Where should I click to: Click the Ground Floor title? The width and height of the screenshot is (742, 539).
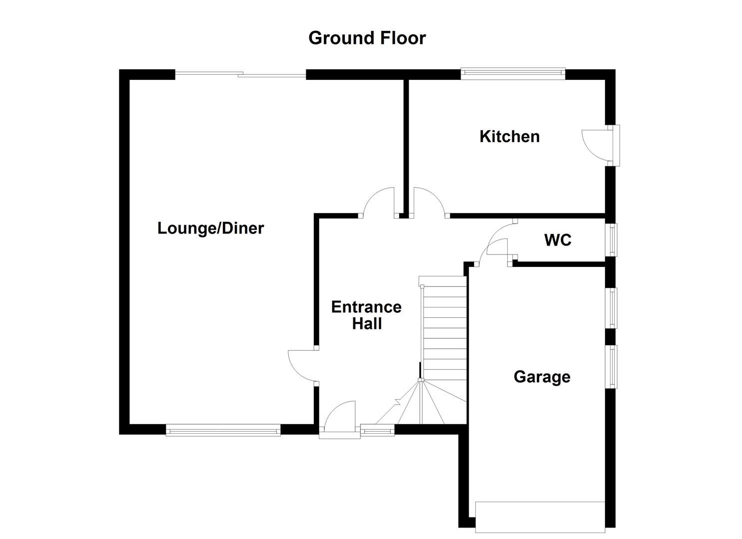(x=367, y=38)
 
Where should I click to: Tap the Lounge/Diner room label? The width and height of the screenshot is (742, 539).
(x=210, y=228)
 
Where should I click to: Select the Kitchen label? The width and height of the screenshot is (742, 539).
(x=509, y=136)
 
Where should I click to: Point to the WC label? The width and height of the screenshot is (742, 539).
(x=558, y=240)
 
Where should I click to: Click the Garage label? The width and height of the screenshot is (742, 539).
(x=542, y=376)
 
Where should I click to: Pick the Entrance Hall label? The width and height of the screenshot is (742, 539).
(x=366, y=315)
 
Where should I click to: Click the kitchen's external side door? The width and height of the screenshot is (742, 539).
(x=597, y=145)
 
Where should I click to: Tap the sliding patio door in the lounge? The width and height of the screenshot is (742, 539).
(x=240, y=75)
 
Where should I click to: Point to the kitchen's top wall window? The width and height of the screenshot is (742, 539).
(x=513, y=74)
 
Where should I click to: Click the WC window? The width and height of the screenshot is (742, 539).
(x=612, y=240)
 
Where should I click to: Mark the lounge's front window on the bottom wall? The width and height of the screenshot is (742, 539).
(x=223, y=429)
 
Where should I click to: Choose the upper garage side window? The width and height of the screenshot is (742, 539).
(x=612, y=308)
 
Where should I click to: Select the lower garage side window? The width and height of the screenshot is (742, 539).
(x=612, y=366)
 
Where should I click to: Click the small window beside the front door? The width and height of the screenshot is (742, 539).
(x=377, y=429)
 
